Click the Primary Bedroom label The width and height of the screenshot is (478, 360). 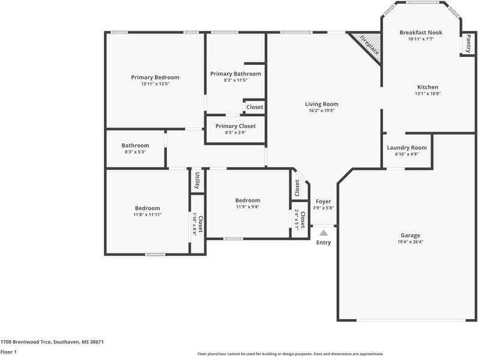[x=155, y=78]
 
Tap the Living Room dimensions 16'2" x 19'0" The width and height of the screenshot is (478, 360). [x=321, y=111]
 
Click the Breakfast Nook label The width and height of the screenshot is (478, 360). [x=420, y=32]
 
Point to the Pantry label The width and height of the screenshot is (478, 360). [x=468, y=44]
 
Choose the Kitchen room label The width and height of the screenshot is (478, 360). [x=427, y=87]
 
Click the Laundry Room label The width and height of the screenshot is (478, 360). [x=407, y=148]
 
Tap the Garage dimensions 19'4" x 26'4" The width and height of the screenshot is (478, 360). [x=410, y=242]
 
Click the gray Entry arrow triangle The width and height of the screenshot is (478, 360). [x=323, y=232]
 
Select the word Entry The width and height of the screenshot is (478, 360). [x=323, y=243]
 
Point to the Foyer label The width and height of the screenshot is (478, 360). [x=323, y=201]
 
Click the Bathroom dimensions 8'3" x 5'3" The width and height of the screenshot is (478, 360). [x=135, y=151]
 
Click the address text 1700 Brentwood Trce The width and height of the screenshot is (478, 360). [x=27, y=342]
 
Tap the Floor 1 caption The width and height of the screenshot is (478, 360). [x=8, y=352]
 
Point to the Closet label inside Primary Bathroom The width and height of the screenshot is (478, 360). [x=255, y=107]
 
